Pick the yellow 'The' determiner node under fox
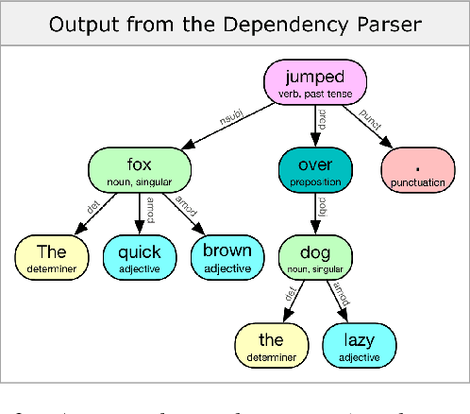51,256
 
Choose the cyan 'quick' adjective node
139,256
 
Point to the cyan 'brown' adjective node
227,256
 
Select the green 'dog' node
316,256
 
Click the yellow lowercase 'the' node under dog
271,344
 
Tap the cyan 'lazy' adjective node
359,344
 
